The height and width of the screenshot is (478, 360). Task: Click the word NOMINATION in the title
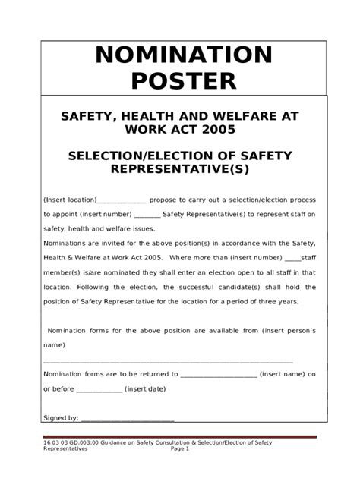(x=182, y=55)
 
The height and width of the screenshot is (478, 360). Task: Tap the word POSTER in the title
(x=182, y=81)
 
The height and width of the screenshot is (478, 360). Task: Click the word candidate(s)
(x=243, y=287)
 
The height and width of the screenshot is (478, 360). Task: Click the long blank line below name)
(x=168, y=360)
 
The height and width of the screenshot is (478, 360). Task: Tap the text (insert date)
(x=146, y=388)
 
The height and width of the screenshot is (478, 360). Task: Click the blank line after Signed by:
(x=127, y=418)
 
